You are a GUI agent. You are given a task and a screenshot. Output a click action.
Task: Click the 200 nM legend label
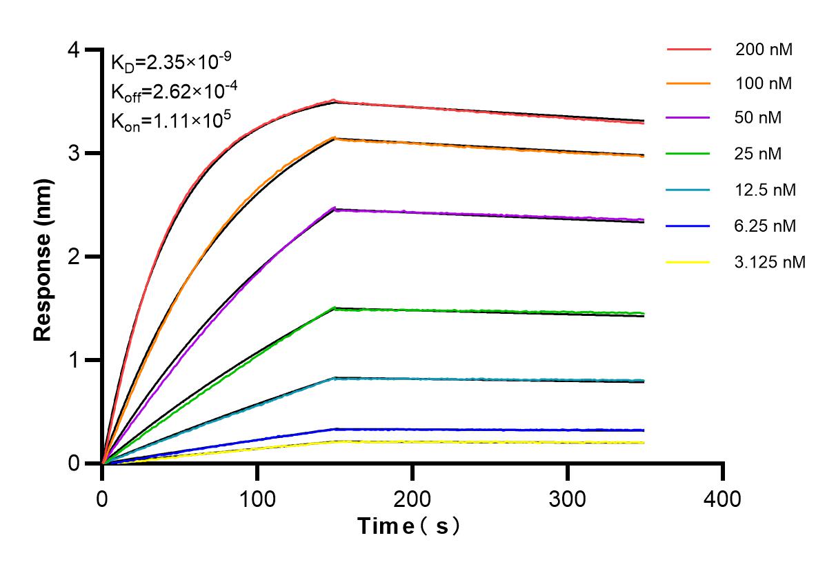coord(764,50)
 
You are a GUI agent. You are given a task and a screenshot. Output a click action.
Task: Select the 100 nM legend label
coord(764,83)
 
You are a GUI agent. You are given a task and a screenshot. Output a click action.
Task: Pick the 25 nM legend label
coord(759,153)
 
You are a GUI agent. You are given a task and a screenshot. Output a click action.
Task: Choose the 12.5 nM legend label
coord(766,190)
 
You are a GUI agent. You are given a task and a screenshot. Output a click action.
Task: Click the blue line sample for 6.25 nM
coord(688,226)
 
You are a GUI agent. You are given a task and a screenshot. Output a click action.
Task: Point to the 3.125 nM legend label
coord(770,262)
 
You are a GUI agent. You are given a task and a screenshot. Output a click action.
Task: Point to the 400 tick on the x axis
coord(723,498)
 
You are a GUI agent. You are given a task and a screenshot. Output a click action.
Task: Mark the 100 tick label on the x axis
coord(257,498)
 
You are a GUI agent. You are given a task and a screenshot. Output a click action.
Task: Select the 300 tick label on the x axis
coord(568,498)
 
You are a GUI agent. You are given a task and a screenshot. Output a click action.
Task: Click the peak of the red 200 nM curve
coord(335,100)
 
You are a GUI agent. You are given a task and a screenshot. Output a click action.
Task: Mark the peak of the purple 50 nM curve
coord(335,208)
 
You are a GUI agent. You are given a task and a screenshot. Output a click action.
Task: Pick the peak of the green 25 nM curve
coord(335,308)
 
